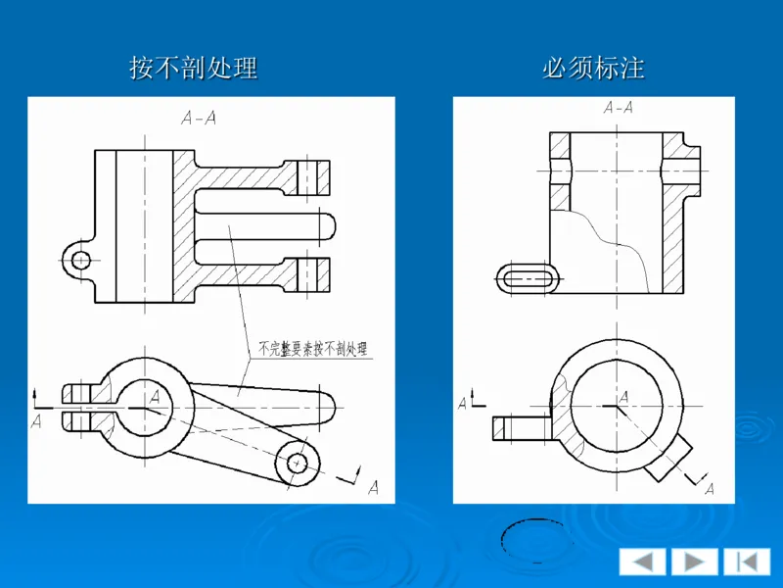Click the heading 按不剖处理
(x=194, y=68)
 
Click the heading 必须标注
(x=593, y=68)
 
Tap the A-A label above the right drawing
(x=619, y=107)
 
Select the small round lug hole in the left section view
(x=80, y=260)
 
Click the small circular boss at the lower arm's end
(x=297, y=461)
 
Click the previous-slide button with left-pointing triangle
(x=642, y=562)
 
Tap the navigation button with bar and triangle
(x=747, y=562)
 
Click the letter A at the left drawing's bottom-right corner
(x=372, y=487)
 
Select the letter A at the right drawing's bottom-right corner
(x=710, y=487)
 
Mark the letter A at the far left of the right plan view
(x=464, y=403)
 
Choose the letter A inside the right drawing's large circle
(x=622, y=394)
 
